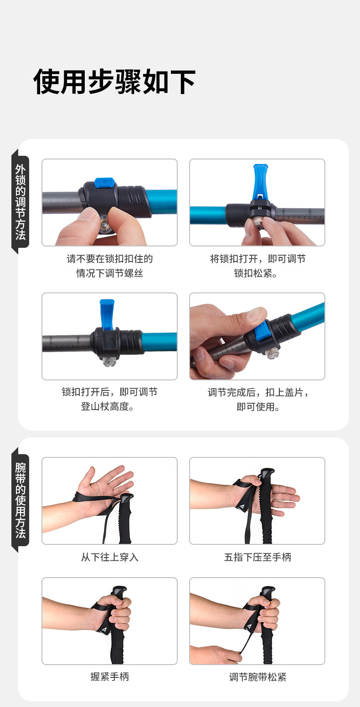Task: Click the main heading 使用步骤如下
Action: [x=114, y=82]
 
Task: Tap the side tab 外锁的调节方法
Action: [x=21, y=202]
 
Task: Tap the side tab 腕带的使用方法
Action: [x=21, y=500]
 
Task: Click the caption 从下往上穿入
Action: [x=109, y=557]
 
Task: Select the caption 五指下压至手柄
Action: [x=257, y=557]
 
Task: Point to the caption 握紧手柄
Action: [x=109, y=676]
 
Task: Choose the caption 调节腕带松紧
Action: [x=257, y=676]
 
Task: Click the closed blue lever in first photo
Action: [x=104, y=182]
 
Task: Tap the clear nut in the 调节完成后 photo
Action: [x=272, y=353]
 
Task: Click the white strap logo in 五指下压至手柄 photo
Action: [x=243, y=506]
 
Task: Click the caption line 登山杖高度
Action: [x=108, y=406]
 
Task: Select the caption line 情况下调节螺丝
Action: [x=109, y=273]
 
